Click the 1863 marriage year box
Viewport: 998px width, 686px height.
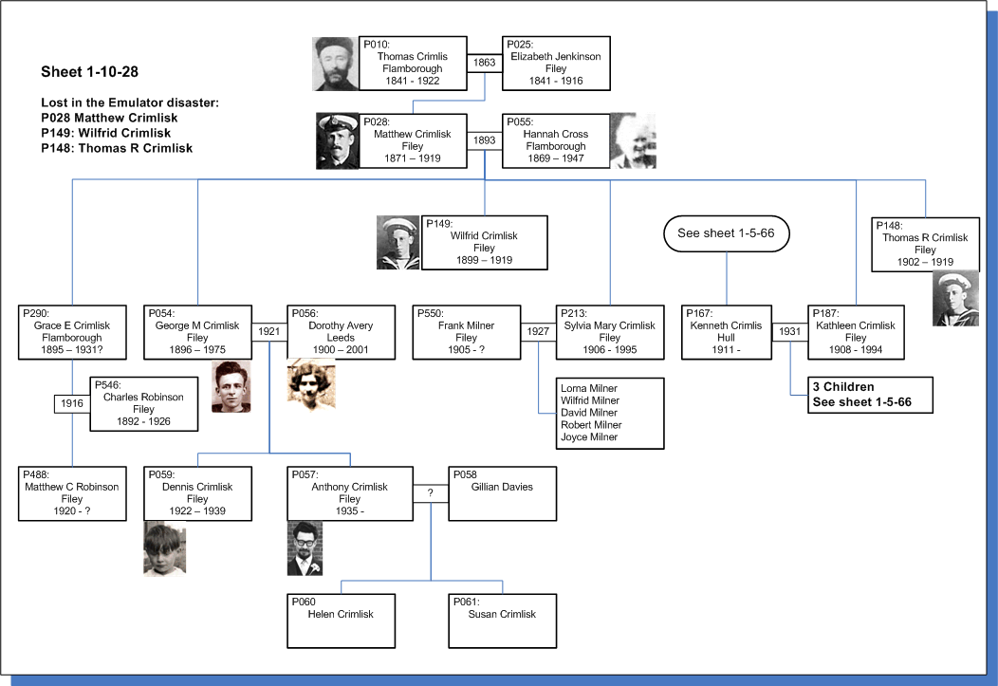tap(485, 63)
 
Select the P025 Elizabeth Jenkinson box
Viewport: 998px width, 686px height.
tap(556, 63)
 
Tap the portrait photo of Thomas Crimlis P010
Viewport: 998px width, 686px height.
tap(336, 64)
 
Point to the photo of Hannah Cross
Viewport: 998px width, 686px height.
tap(633, 140)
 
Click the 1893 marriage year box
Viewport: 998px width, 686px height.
tap(485, 140)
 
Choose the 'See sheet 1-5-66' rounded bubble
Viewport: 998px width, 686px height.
tap(727, 233)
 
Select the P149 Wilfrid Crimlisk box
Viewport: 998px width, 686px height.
tap(485, 243)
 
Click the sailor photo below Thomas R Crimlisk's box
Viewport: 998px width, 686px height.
tap(955, 299)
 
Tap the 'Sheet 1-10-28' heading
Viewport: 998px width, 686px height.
tap(90, 72)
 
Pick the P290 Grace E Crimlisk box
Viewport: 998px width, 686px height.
tap(72, 332)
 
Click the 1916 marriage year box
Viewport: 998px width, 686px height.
tap(72, 403)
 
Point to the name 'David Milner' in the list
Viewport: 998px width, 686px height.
tap(589, 413)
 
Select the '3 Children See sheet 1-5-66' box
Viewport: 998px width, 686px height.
tap(870, 395)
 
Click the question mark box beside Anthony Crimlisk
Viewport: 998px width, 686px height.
tap(431, 493)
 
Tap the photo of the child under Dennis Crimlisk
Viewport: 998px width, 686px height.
tap(165, 548)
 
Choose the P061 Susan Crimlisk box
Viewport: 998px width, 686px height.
tap(502, 621)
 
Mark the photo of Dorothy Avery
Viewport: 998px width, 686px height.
tap(311, 383)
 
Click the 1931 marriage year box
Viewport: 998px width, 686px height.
tap(790, 331)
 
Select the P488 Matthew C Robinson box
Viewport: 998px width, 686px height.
tap(72, 493)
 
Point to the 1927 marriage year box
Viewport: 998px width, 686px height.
tap(538, 331)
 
